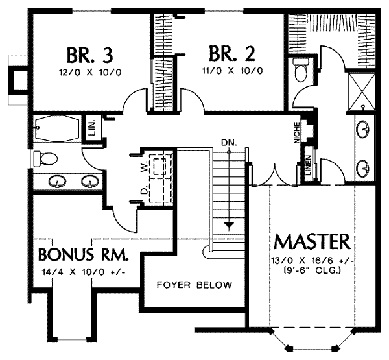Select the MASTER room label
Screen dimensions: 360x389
(x=313, y=242)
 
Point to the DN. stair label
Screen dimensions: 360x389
(x=228, y=141)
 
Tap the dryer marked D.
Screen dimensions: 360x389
(x=159, y=191)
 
